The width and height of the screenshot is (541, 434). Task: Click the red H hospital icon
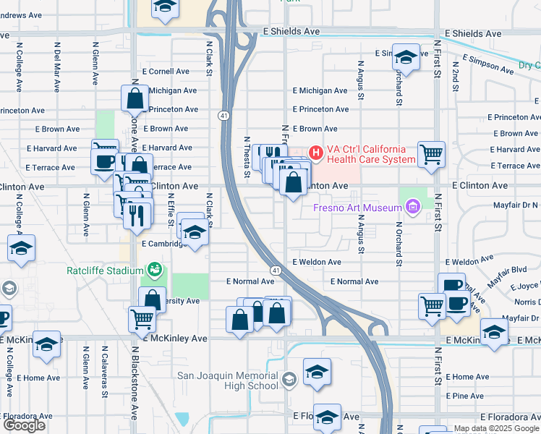(315, 152)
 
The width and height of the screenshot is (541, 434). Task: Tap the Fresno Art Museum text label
(357, 208)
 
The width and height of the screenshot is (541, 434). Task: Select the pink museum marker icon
(412, 208)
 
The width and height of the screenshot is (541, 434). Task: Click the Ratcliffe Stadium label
(106, 271)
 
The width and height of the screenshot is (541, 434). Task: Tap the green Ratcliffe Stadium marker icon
(154, 271)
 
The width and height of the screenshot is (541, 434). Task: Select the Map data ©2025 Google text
(496, 428)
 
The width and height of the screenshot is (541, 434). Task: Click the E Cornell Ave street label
(166, 72)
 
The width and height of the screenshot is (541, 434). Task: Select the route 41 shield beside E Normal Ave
(276, 270)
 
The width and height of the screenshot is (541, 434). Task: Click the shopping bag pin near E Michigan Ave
(135, 98)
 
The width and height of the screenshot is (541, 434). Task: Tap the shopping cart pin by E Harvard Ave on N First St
(431, 153)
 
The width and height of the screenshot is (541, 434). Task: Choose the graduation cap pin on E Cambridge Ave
(194, 232)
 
